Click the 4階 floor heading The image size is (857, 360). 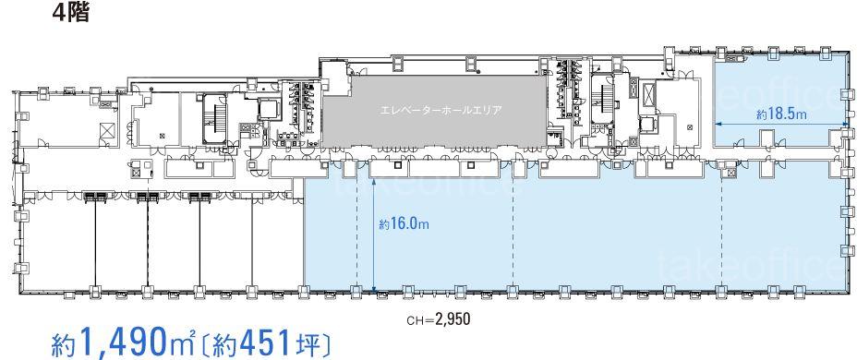(x=70, y=13)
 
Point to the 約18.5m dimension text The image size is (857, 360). (x=782, y=114)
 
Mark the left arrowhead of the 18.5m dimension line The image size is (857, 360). (x=718, y=124)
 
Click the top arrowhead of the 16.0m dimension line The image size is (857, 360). (x=373, y=183)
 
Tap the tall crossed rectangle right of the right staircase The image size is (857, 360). (x=650, y=93)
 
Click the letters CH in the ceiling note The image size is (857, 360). (x=413, y=319)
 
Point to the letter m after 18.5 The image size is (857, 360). (x=803, y=115)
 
